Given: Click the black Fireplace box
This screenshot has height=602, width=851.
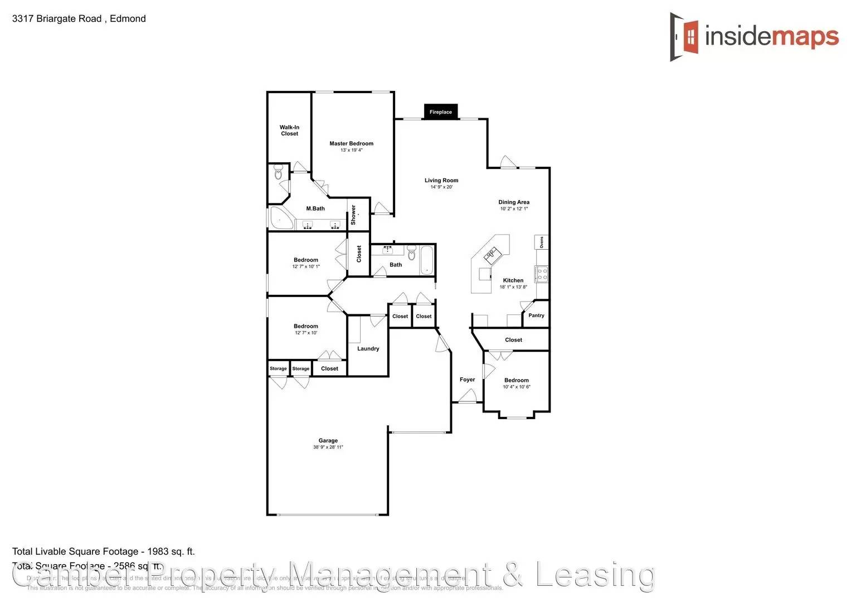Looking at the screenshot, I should (x=440, y=111).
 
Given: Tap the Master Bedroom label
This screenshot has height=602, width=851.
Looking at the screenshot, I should (x=351, y=143).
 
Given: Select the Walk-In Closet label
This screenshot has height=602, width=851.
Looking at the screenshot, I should (x=289, y=130).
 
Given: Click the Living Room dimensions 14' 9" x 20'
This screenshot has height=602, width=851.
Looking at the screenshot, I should (x=441, y=187).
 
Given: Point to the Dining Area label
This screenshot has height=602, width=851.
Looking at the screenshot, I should (x=513, y=202).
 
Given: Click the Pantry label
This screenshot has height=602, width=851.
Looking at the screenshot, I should (x=536, y=315).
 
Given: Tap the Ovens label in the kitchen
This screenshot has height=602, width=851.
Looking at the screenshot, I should (x=541, y=242).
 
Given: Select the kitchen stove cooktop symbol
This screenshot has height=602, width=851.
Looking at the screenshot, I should (x=541, y=274).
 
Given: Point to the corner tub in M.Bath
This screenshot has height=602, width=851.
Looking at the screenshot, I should (x=280, y=219).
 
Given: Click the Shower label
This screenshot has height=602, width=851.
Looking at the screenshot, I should (x=353, y=215).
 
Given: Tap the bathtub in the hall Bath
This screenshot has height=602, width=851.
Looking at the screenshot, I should (x=427, y=260).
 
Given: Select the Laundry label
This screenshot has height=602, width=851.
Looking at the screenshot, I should (x=368, y=349).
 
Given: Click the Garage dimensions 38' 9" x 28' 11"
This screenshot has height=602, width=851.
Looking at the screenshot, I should (x=328, y=447).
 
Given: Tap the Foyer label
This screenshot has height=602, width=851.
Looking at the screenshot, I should (x=467, y=380).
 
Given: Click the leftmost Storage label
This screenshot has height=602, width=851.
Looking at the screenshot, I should (x=278, y=368).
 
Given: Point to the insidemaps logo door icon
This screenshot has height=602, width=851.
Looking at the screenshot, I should (x=685, y=37).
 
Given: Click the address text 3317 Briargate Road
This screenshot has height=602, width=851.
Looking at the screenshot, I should (x=57, y=18).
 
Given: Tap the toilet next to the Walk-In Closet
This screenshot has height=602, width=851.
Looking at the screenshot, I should (x=279, y=174).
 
